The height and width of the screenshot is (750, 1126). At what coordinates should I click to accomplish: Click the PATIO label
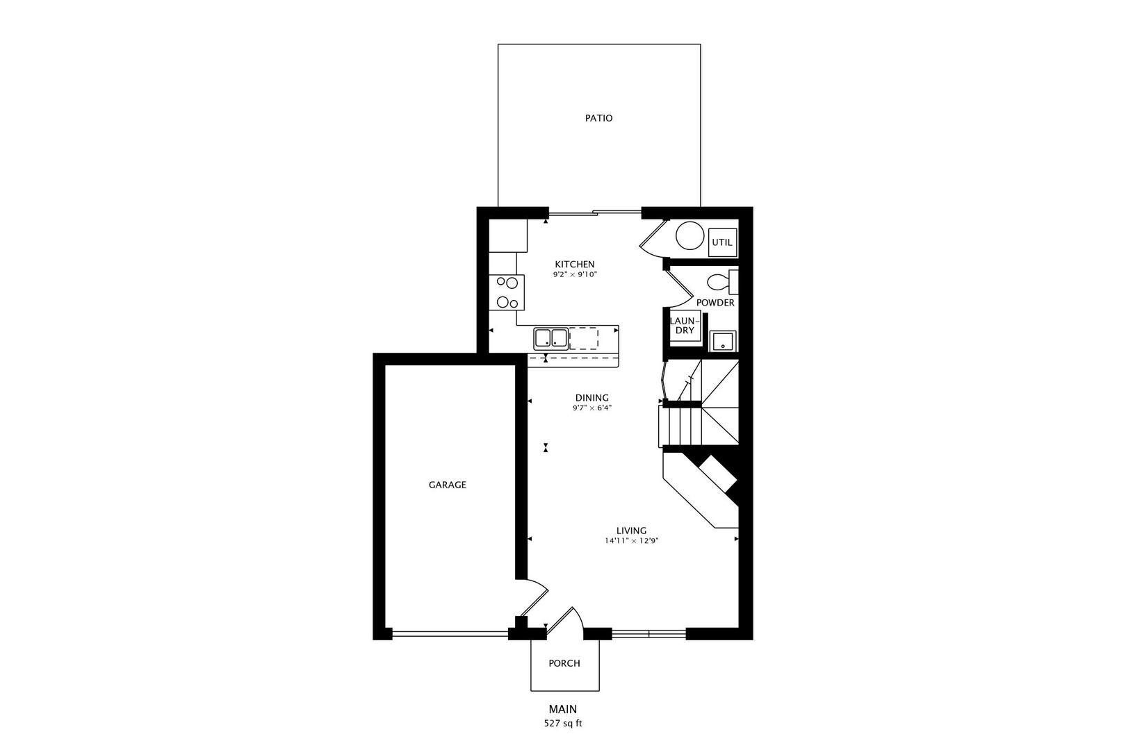[598, 118]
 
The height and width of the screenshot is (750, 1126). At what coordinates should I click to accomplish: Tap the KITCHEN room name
[575, 264]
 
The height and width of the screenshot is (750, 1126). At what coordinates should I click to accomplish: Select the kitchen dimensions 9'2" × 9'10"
[575, 275]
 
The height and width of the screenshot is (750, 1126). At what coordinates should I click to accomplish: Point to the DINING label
[591, 398]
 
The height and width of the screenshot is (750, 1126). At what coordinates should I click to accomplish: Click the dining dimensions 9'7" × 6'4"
[591, 408]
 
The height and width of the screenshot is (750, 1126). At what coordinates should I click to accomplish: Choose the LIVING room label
[631, 531]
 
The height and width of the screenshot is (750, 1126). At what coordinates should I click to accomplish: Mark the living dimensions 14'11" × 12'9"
[631, 541]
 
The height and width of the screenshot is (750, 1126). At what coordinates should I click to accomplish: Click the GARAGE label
[448, 485]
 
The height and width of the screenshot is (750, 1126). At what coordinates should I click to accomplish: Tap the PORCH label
[564, 663]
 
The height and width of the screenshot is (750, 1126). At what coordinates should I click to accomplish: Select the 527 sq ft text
[563, 724]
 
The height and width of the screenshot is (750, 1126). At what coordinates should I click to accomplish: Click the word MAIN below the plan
[563, 709]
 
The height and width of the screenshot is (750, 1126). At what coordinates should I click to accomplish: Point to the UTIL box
[722, 242]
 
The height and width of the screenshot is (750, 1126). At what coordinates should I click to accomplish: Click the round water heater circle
[690, 235]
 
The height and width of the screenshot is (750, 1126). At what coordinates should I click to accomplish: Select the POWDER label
[715, 303]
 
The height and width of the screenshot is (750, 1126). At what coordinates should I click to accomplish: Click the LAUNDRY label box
[685, 326]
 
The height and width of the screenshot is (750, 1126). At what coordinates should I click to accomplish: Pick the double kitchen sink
[551, 339]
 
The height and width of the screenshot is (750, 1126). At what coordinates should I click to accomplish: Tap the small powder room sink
[723, 342]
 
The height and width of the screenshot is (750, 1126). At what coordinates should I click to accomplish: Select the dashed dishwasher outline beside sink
[584, 339]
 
